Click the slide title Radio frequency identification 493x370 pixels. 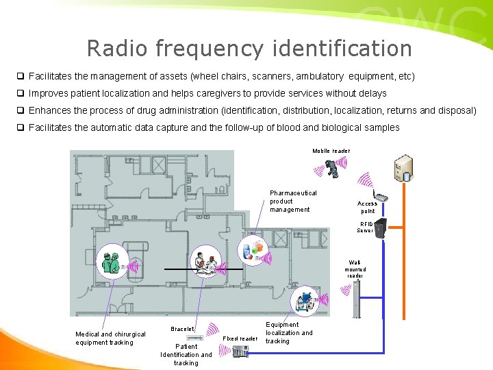(249, 49)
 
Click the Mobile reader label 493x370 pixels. (331, 151)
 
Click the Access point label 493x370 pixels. (368, 208)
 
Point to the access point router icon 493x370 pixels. (381, 198)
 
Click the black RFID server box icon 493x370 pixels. (382, 229)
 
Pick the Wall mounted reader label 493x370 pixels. (355, 269)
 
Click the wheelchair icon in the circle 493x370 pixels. (303, 299)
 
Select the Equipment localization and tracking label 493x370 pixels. (288, 333)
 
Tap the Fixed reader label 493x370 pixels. (241, 338)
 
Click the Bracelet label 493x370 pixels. (182, 330)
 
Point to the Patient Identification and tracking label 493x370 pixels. (186, 355)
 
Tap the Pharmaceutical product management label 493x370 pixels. (293, 201)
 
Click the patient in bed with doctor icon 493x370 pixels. (206, 264)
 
